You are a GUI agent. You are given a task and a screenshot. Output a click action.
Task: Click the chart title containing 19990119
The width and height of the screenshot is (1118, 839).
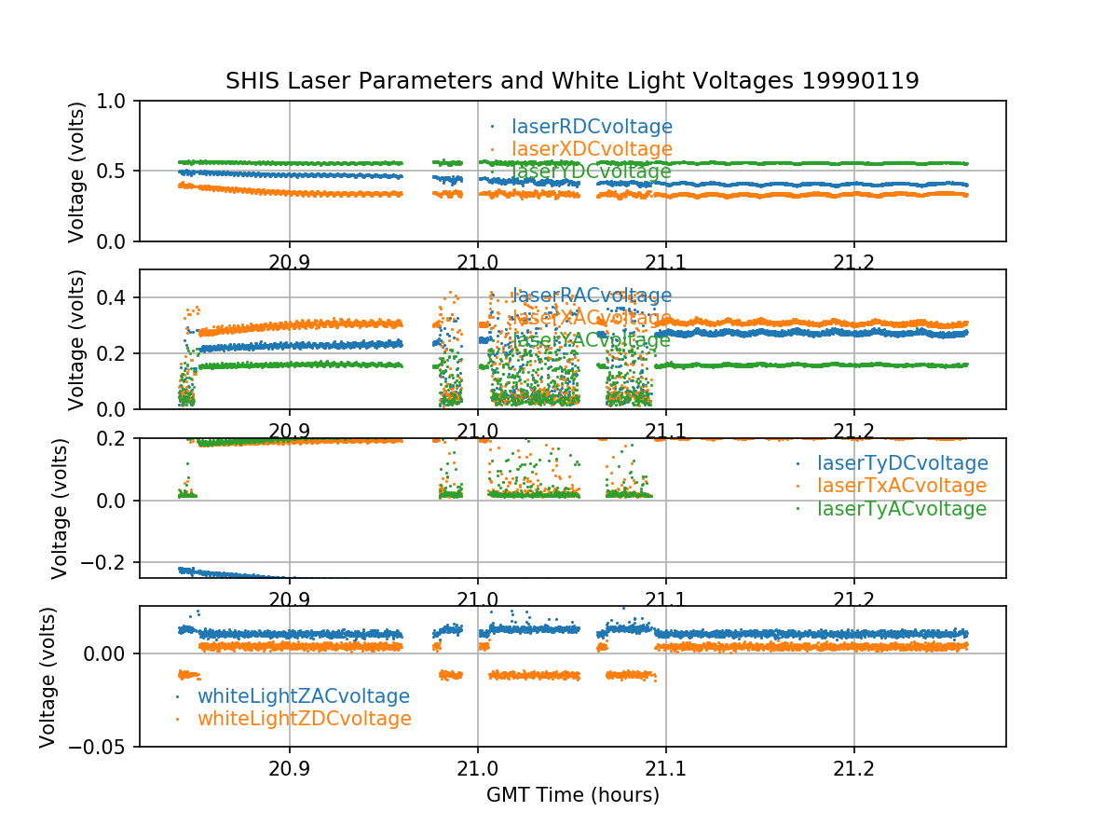(572, 81)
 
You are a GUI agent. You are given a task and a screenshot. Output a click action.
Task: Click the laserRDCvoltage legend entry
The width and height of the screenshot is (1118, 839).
(592, 127)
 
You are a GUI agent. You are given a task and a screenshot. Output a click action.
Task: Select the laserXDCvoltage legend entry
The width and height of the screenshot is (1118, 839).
(592, 149)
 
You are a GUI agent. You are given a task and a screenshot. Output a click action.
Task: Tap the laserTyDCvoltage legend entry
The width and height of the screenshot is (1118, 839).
(902, 463)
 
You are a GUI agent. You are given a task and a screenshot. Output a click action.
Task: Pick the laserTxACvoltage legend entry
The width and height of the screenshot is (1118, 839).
(901, 486)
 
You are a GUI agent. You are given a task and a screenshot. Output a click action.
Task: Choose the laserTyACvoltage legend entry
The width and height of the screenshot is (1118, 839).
(901, 509)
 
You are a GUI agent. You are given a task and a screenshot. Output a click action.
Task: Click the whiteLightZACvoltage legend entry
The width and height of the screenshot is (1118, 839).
(303, 696)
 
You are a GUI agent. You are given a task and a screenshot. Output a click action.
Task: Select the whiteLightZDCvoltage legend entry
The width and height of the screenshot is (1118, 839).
(304, 719)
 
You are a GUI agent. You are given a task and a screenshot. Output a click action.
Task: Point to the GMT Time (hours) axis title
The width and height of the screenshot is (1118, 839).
(572, 795)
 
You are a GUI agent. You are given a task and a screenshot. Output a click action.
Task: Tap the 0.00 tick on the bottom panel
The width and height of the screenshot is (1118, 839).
(108, 653)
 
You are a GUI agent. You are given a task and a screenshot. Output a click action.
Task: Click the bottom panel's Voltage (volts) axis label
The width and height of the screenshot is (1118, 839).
(48, 677)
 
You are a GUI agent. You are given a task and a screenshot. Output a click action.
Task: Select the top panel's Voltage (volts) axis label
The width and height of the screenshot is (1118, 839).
(77, 172)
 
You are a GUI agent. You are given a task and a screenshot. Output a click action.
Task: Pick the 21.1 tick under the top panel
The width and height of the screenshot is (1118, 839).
(666, 261)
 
